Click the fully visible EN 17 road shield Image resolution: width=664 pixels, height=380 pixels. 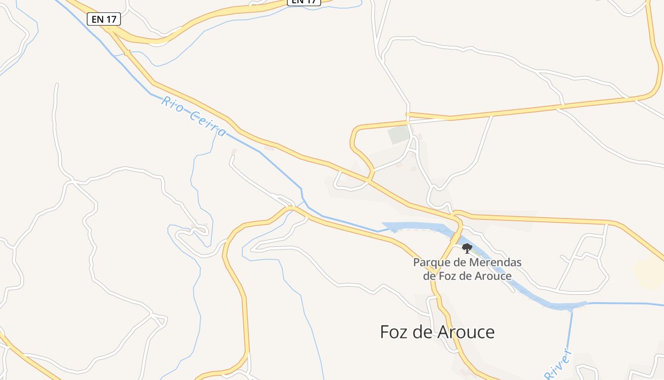[x=104, y=19]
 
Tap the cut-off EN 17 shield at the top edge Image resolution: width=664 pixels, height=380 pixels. [x=304, y=2]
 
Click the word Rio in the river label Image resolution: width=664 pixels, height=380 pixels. [x=172, y=104]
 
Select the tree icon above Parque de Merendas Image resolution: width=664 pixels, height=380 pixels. [x=467, y=248]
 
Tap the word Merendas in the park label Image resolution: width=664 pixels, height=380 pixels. [x=496, y=262]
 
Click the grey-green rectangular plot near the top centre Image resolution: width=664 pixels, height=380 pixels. [x=398, y=135]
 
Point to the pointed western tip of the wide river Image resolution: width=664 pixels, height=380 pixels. [x=383, y=224]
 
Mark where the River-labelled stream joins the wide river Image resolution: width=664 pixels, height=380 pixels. [x=572, y=308]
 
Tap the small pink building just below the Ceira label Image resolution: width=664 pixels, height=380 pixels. [x=233, y=152]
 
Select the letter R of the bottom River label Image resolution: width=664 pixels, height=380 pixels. [x=549, y=375]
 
